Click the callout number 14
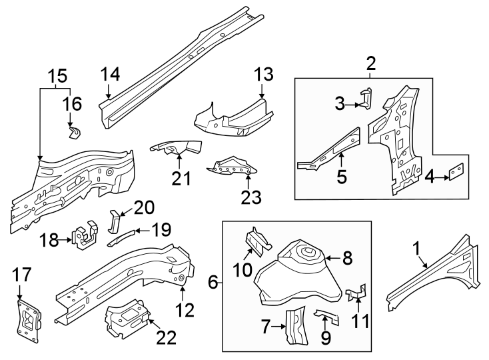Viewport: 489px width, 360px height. pyautogui.click(x=111, y=74)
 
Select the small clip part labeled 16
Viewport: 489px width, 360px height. pyautogui.click(x=75, y=131)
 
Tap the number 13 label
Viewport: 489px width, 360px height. pyautogui.click(x=264, y=74)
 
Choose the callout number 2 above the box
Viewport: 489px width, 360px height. pyautogui.click(x=371, y=64)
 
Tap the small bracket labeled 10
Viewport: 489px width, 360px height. pyautogui.click(x=256, y=241)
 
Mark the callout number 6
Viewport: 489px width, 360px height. pyautogui.click(x=213, y=282)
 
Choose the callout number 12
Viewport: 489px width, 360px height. pyautogui.click(x=185, y=309)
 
